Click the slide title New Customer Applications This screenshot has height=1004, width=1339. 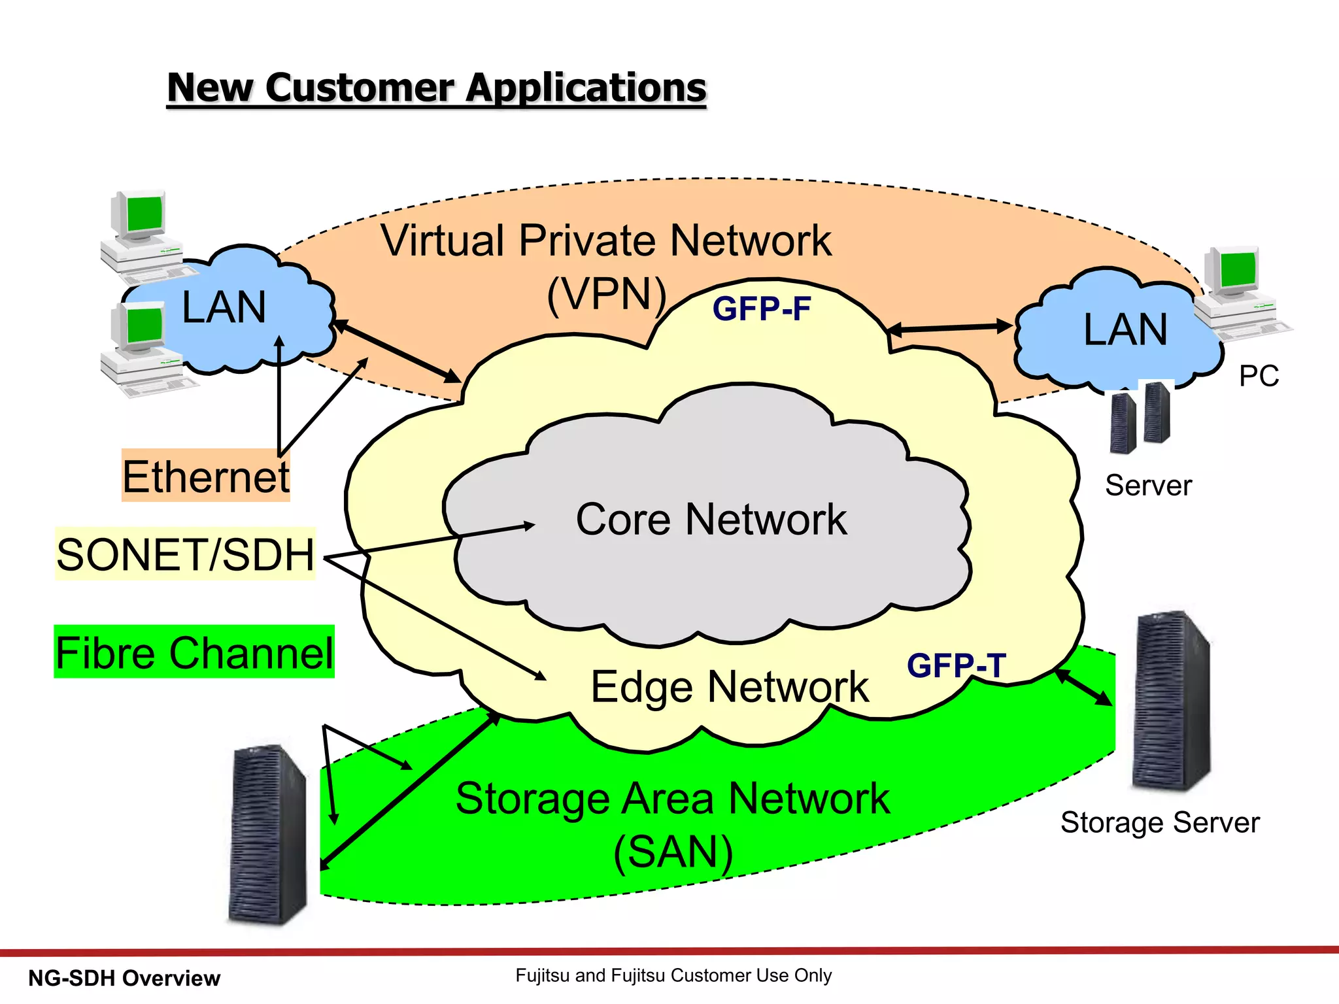[437, 88]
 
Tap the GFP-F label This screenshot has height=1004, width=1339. [762, 309]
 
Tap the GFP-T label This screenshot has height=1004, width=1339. [956, 666]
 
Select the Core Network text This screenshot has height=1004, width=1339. [711, 520]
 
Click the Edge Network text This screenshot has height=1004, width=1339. [730, 687]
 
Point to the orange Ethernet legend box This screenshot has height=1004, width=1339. [205, 476]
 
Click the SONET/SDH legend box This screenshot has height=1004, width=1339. [186, 554]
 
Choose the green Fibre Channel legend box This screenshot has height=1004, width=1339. [194, 652]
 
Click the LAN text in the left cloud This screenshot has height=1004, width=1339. [224, 307]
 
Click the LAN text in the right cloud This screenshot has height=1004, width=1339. [1125, 329]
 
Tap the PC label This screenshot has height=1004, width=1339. [1259, 376]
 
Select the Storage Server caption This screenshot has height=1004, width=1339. [1159, 822]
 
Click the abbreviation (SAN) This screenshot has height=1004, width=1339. [673, 852]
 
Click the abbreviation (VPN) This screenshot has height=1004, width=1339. [606, 294]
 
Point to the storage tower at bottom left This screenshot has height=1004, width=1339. [267, 835]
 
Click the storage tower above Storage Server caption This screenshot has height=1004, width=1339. [1172, 701]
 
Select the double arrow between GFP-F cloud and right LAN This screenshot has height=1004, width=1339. [950, 328]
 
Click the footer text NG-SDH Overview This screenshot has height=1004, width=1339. [124, 979]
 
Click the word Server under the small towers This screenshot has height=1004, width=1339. [1148, 486]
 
